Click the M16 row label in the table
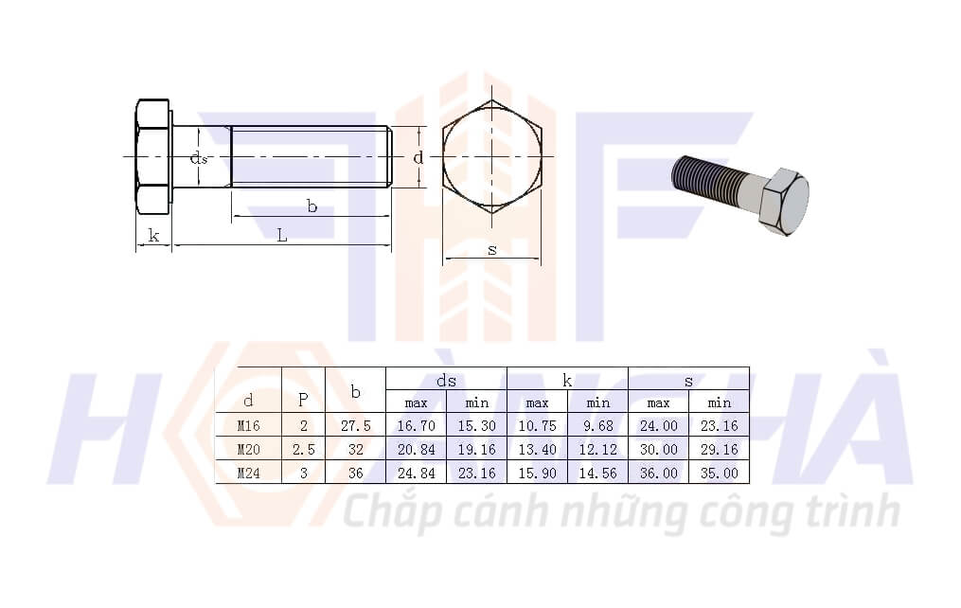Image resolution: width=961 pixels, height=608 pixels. point(248,426)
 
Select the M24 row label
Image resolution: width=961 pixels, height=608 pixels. point(248,474)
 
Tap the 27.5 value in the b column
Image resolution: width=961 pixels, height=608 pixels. point(355,426)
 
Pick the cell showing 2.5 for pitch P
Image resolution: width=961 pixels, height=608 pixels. point(303,450)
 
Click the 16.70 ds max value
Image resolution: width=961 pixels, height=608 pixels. point(417,426)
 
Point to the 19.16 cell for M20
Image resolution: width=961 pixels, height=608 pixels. point(477,450)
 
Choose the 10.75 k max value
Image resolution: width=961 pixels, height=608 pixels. point(538,426)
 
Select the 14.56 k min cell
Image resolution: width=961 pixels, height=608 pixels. point(598,474)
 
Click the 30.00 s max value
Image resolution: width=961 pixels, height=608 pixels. point(659,450)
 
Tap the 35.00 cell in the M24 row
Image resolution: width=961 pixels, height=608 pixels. point(720,474)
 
